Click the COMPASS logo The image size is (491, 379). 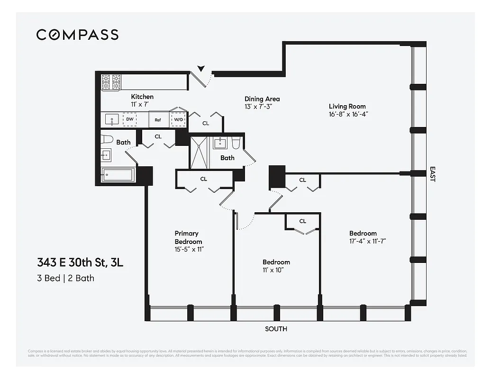coord(77,35)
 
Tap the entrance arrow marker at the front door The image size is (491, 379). coord(201,69)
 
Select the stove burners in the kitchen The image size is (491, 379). coord(112,83)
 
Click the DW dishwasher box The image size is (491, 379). coord(129,120)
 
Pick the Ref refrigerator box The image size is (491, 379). coord(158,120)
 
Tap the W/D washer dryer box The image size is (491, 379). coord(178,120)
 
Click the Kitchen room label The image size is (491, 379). coord(142,97)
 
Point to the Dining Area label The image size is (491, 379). coord(262,99)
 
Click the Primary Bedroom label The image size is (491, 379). coord(187,237)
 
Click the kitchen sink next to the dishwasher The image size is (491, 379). coord(112,120)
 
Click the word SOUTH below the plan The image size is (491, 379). coord(276,329)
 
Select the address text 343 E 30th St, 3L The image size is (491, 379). coord(80,262)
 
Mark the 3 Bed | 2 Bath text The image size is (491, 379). coord(66,278)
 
